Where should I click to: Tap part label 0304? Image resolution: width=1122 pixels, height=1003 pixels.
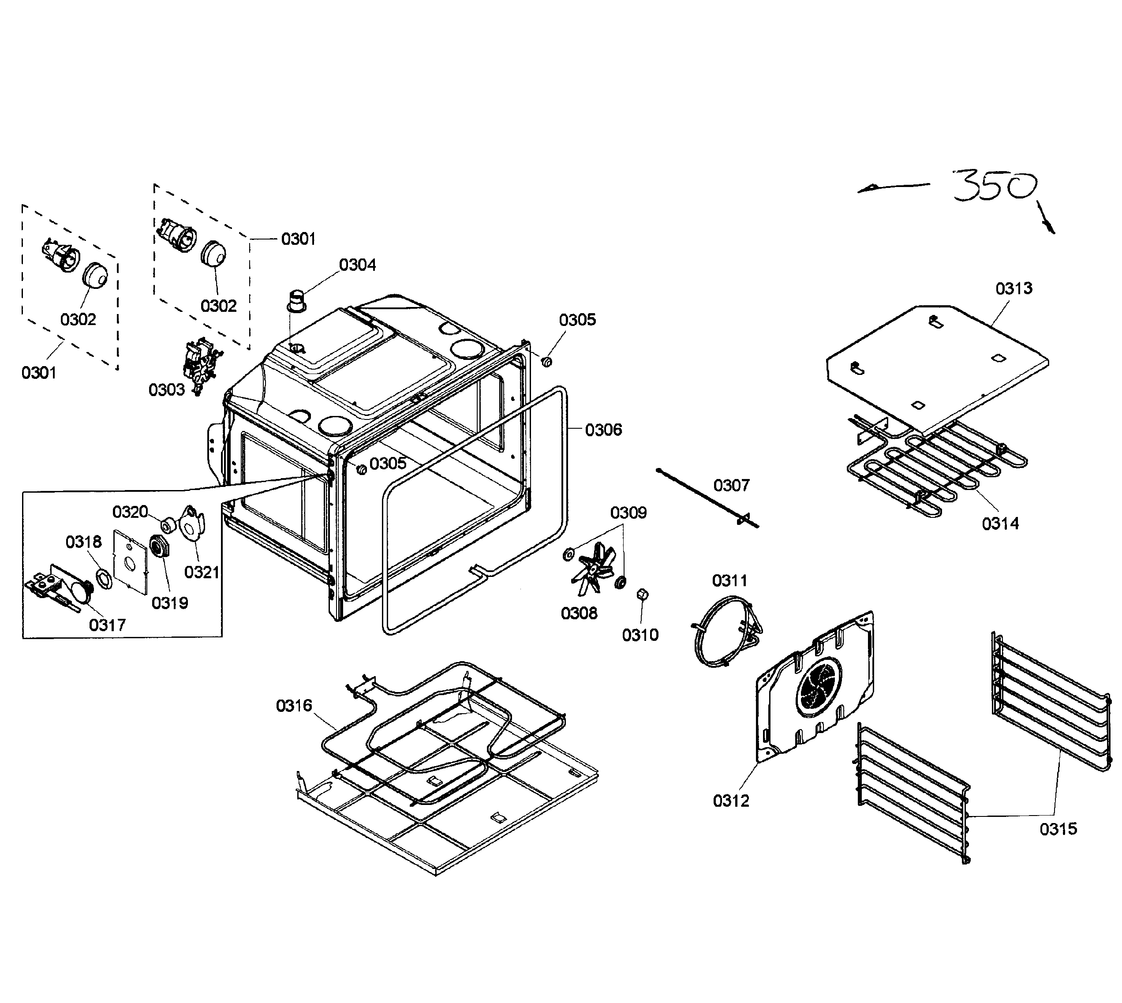pos(357,265)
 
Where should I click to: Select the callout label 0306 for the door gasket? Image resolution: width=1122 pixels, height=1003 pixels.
pos(603,430)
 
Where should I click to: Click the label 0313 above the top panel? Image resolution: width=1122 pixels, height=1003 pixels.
pos(1014,288)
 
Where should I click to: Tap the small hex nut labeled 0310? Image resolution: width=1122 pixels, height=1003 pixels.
pos(642,595)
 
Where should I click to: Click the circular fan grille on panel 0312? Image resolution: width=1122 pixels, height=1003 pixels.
pos(819,686)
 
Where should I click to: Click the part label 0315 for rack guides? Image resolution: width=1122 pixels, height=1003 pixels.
pos(1058,829)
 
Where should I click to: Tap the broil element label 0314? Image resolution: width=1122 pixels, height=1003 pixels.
pos(1000,524)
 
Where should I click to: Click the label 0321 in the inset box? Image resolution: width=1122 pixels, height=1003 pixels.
pos(202,572)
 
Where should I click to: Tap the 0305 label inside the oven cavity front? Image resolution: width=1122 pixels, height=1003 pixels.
pos(387,464)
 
